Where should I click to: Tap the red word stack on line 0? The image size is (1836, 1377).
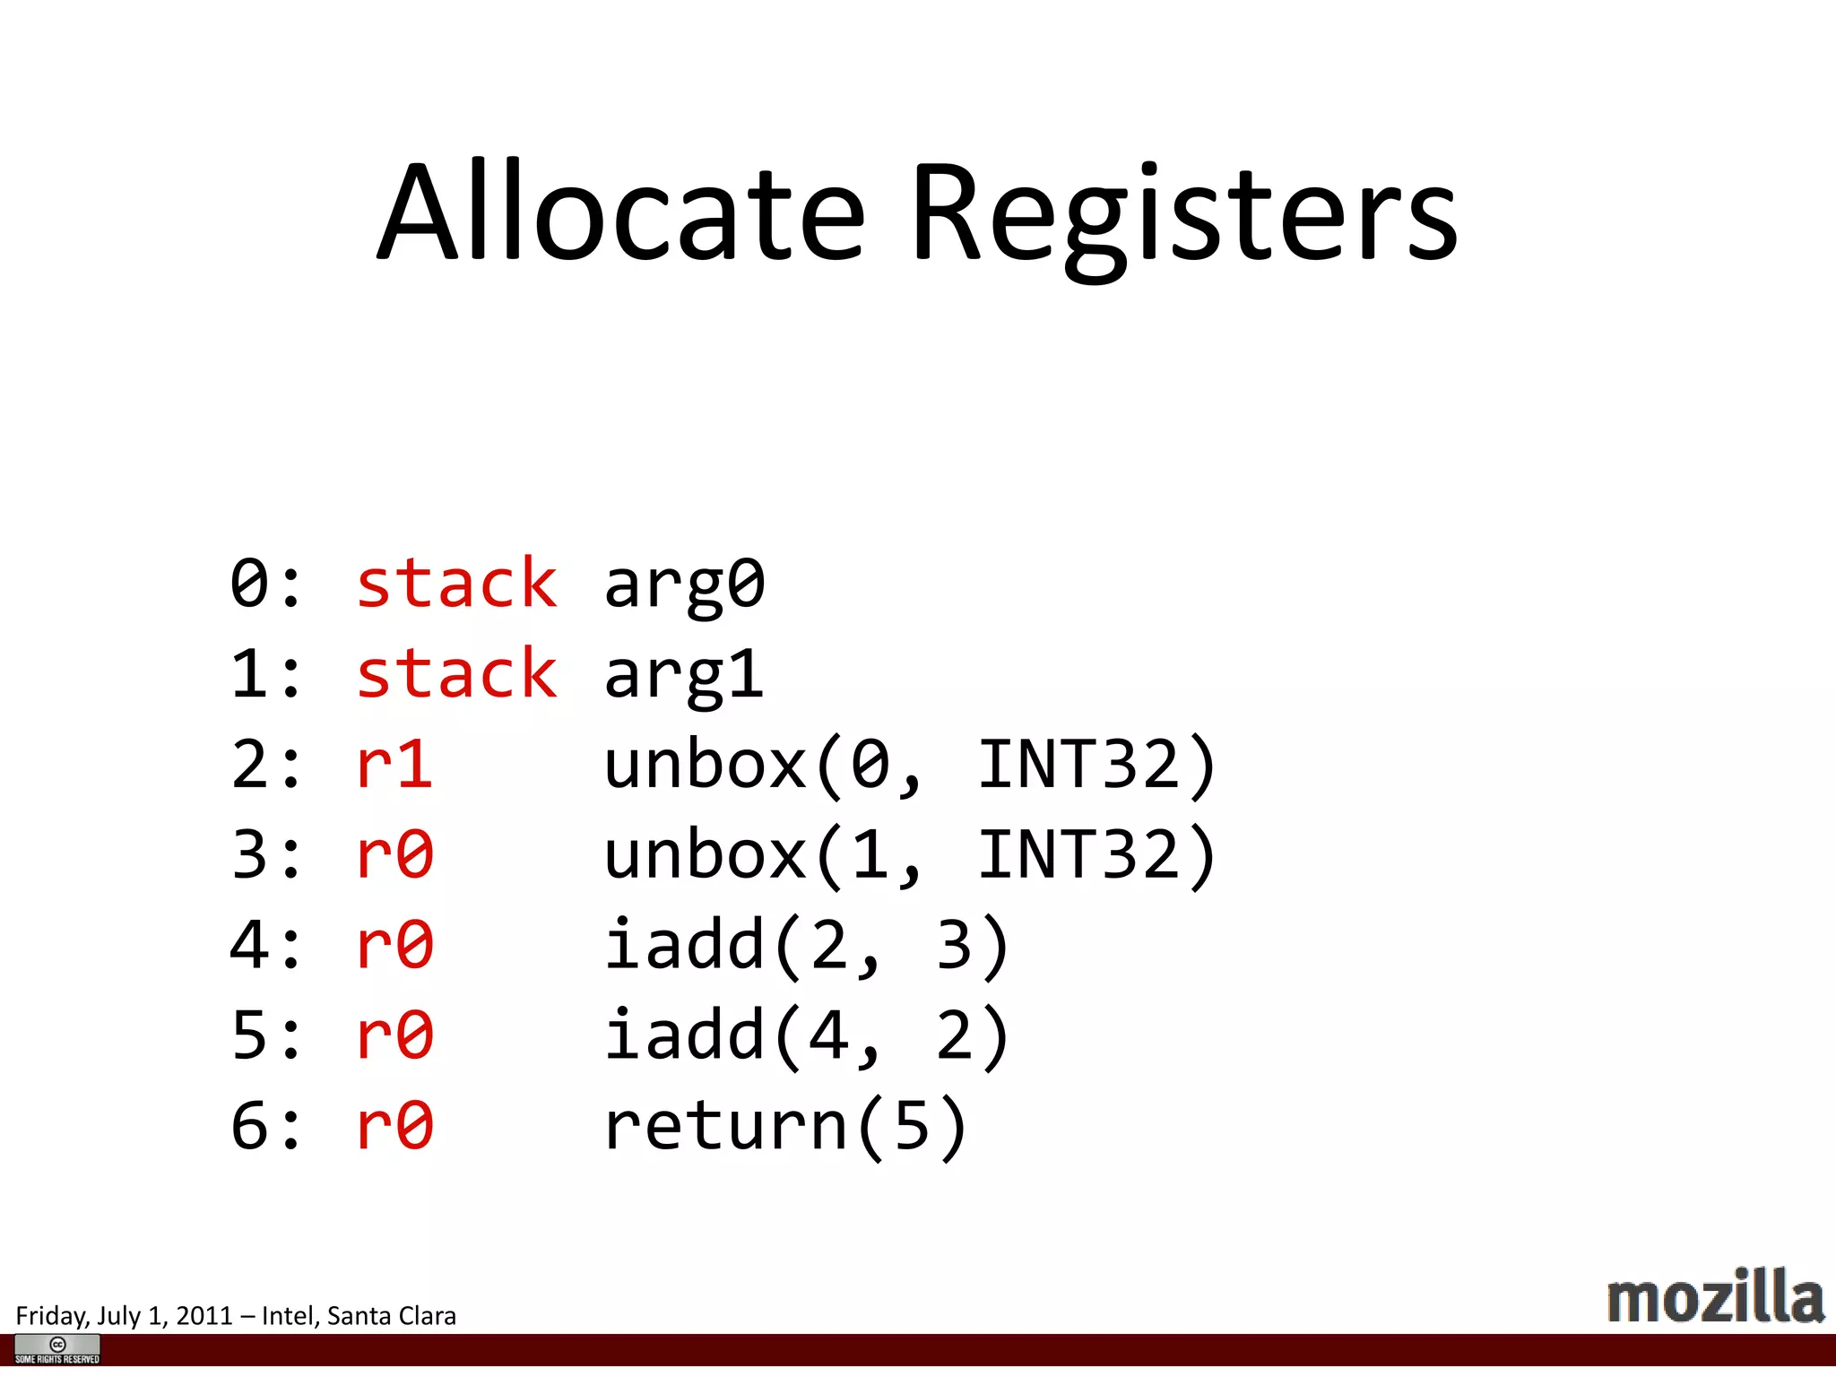456,584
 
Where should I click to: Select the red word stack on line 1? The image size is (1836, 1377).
456,674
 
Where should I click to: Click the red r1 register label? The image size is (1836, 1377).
394,765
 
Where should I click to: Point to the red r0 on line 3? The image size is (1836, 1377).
394,854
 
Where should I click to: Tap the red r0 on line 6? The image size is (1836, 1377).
394,1126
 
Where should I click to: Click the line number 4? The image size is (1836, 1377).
265,946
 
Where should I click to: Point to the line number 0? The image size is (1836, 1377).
265,584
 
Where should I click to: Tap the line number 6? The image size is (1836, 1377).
265,1126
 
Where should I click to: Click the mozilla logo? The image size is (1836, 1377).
1715,1297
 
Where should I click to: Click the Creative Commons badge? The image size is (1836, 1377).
57,1348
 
